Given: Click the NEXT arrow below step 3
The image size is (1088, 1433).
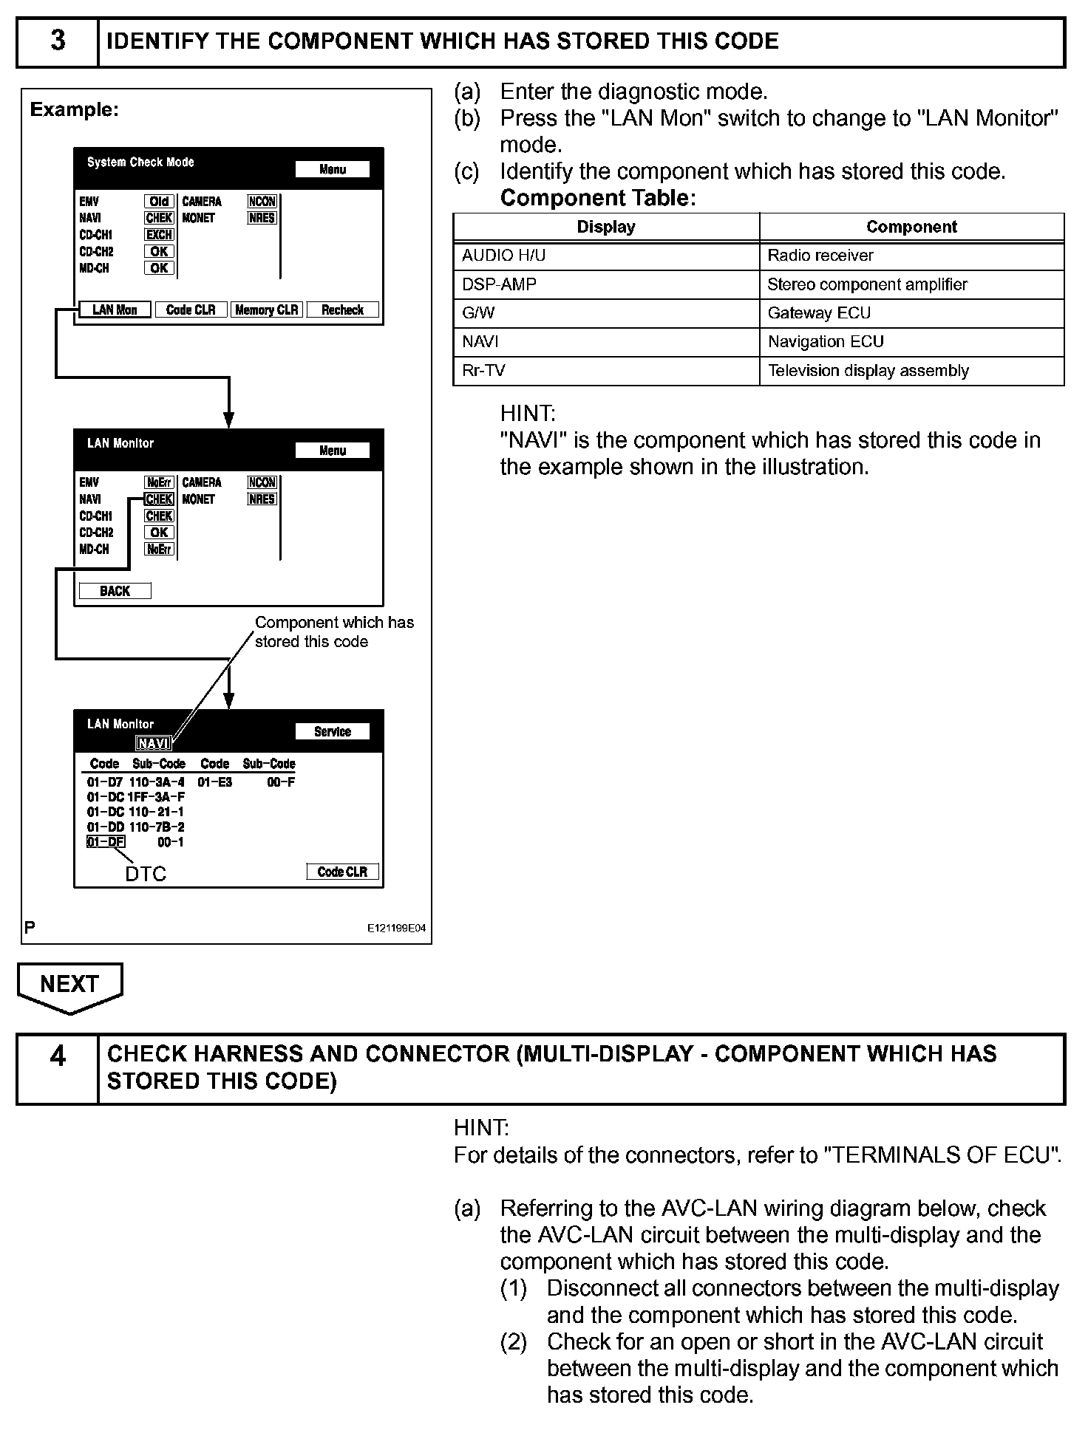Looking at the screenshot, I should (69, 986).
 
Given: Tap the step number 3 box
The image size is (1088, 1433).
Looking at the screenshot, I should (58, 41).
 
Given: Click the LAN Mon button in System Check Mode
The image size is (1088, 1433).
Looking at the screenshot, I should (115, 310).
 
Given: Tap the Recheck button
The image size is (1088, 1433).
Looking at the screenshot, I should (342, 310).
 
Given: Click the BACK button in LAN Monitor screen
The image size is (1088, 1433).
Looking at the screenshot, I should (115, 591).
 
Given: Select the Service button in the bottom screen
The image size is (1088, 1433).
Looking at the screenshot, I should (332, 731).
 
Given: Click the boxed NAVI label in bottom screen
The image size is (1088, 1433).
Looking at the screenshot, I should (154, 744).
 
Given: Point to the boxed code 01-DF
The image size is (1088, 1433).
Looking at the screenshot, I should (106, 842).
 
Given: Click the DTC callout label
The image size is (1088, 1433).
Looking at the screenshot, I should (146, 874).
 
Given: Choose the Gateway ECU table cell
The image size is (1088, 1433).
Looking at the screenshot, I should (911, 313).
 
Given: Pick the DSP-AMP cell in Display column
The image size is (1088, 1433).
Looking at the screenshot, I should (606, 284).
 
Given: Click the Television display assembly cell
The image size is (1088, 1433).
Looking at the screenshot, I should (911, 371).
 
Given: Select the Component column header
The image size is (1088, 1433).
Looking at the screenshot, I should (911, 227).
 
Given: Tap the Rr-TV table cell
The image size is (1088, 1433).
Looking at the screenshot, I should (606, 371).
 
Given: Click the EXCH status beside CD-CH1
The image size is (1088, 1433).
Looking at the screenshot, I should (159, 235).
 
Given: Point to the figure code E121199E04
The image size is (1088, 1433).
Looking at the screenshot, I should (396, 928).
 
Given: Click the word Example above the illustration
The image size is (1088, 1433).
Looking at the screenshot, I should (74, 110).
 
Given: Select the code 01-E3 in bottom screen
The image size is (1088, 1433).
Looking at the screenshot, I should (214, 782).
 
